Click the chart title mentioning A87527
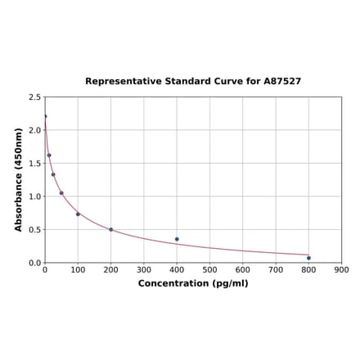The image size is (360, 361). tap(193, 82)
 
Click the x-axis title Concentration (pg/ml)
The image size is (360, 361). tap(193, 283)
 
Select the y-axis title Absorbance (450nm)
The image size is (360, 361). tap(19, 179)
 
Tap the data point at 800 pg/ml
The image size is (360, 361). tap(308, 258)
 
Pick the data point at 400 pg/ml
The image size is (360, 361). tap(177, 239)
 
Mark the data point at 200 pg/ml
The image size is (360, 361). tap(111, 229)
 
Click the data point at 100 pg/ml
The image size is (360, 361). tap(78, 214)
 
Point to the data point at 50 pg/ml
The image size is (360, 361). tap(61, 193)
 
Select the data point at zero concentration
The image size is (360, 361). tap(45, 116)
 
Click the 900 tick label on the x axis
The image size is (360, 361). tap(342, 269)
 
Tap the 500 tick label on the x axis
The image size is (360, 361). tap(209, 269)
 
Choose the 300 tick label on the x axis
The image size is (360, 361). tap(144, 269)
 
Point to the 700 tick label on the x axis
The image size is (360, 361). tap(276, 269)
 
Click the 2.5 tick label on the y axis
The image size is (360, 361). tap(35, 97)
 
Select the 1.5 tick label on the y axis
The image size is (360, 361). tap(35, 164)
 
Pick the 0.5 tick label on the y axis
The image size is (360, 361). tap(35, 230)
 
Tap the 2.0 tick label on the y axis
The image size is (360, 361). tap(35, 130)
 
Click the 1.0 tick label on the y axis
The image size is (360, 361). tap(35, 196)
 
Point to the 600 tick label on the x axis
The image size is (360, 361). tap(243, 269)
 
